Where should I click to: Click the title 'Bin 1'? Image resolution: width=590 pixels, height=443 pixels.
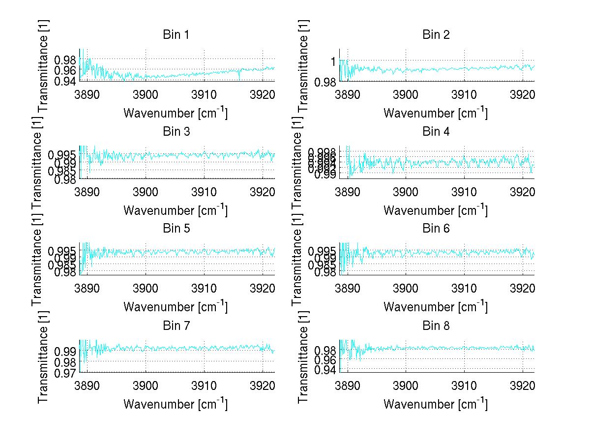pyautogui.click(x=176, y=35)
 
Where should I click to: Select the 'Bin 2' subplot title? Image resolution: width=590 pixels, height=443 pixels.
pyautogui.click(x=436, y=35)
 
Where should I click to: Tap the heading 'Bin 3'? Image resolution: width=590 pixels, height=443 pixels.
pyautogui.click(x=176, y=132)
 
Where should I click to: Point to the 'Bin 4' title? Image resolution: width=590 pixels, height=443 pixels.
pyautogui.click(x=436, y=132)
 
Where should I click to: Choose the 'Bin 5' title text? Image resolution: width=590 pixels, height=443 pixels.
pyautogui.click(x=176, y=229)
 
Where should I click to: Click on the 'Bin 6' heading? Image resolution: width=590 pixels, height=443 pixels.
pyautogui.click(x=436, y=229)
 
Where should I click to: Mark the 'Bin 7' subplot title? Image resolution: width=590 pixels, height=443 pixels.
pyautogui.click(x=176, y=325)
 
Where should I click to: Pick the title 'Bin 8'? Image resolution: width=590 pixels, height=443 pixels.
pyautogui.click(x=436, y=325)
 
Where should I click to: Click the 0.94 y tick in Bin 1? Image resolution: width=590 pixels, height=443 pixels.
pyautogui.click(x=65, y=81)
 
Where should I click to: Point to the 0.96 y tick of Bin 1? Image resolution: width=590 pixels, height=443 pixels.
pyautogui.click(x=65, y=70)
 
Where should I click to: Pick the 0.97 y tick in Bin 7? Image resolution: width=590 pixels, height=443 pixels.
pyautogui.click(x=65, y=373)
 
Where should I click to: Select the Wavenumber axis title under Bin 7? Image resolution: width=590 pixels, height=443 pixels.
pyautogui.click(x=176, y=404)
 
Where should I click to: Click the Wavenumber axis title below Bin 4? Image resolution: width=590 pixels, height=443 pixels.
pyautogui.click(x=436, y=210)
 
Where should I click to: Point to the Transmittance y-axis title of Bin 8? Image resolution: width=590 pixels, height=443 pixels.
pyautogui.click(x=303, y=356)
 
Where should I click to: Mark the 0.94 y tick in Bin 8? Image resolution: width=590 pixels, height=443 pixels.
pyautogui.click(x=325, y=370)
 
